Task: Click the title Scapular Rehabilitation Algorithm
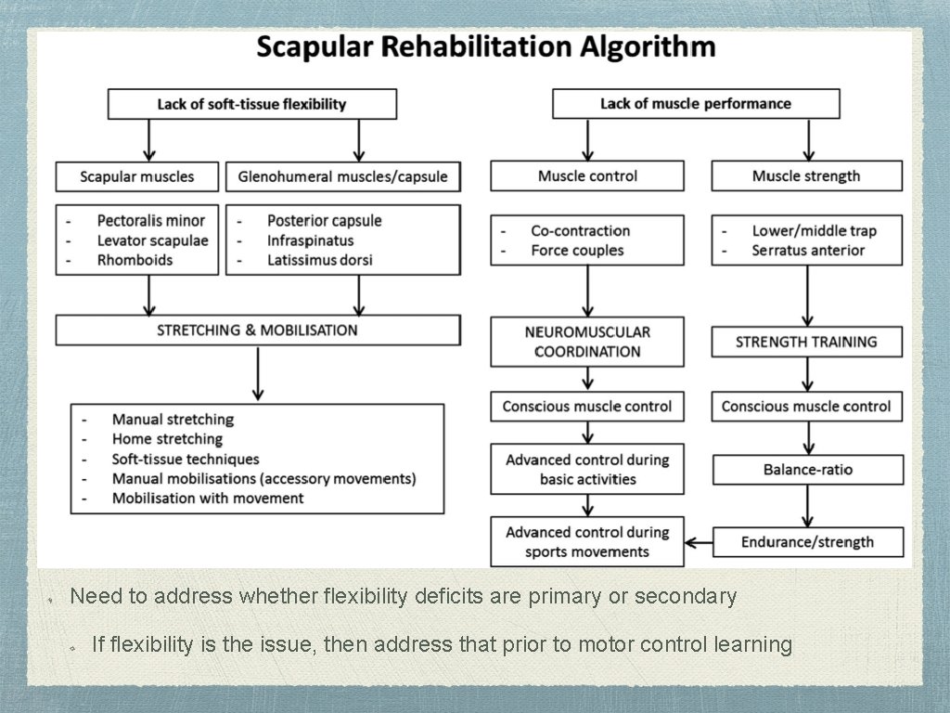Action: [x=485, y=47]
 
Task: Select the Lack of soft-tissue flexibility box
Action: [x=251, y=104]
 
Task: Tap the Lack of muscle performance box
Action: [x=696, y=104]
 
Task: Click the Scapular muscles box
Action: [x=137, y=176]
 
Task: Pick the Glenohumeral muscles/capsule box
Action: [x=342, y=176]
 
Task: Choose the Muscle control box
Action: [x=587, y=176]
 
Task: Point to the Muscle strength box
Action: [x=806, y=176]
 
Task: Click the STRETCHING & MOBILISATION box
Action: [x=257, y=331]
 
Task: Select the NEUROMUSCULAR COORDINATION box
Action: [x=587, y=342]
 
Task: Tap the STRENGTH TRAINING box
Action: [x=806, y=342]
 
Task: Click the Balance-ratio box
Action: [x=808, y=470]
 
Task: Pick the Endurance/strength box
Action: [x=807, y=542]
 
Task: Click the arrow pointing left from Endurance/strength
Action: [x=698, y=542]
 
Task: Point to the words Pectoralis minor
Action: [x=151, y=221]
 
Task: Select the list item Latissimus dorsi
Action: [x=319, y=260]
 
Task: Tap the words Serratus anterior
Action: [x=808, y=251]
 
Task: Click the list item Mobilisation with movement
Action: [x=208, y=499]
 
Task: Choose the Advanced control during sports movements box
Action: [x=587, y=542]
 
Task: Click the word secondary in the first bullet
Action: [x=689, y=596]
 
